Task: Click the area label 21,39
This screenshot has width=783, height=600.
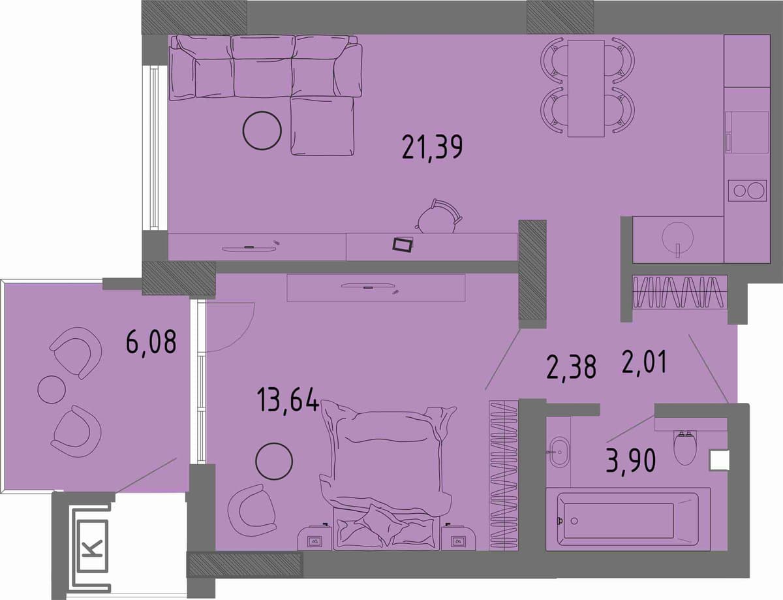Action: click(432, 148)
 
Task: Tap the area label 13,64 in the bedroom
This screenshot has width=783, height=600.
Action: click(288, 399)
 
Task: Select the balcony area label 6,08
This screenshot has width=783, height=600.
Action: click(151, 342)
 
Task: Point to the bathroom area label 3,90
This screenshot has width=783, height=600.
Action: click(630, 462)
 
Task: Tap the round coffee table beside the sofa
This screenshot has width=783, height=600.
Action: click(262, 131)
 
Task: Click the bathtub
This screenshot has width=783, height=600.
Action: click(628, 521)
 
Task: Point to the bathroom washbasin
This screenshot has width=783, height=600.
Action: click(559, 452)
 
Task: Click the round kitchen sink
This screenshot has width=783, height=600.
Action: click(678, 237)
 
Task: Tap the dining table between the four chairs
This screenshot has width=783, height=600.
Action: click(586, 89)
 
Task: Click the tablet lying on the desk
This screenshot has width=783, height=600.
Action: click(403, 245)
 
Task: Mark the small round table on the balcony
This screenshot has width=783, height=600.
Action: click(52, 390)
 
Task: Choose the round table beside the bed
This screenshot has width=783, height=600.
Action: click(274, 462)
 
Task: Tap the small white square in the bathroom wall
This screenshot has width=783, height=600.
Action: click(719, 460)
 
